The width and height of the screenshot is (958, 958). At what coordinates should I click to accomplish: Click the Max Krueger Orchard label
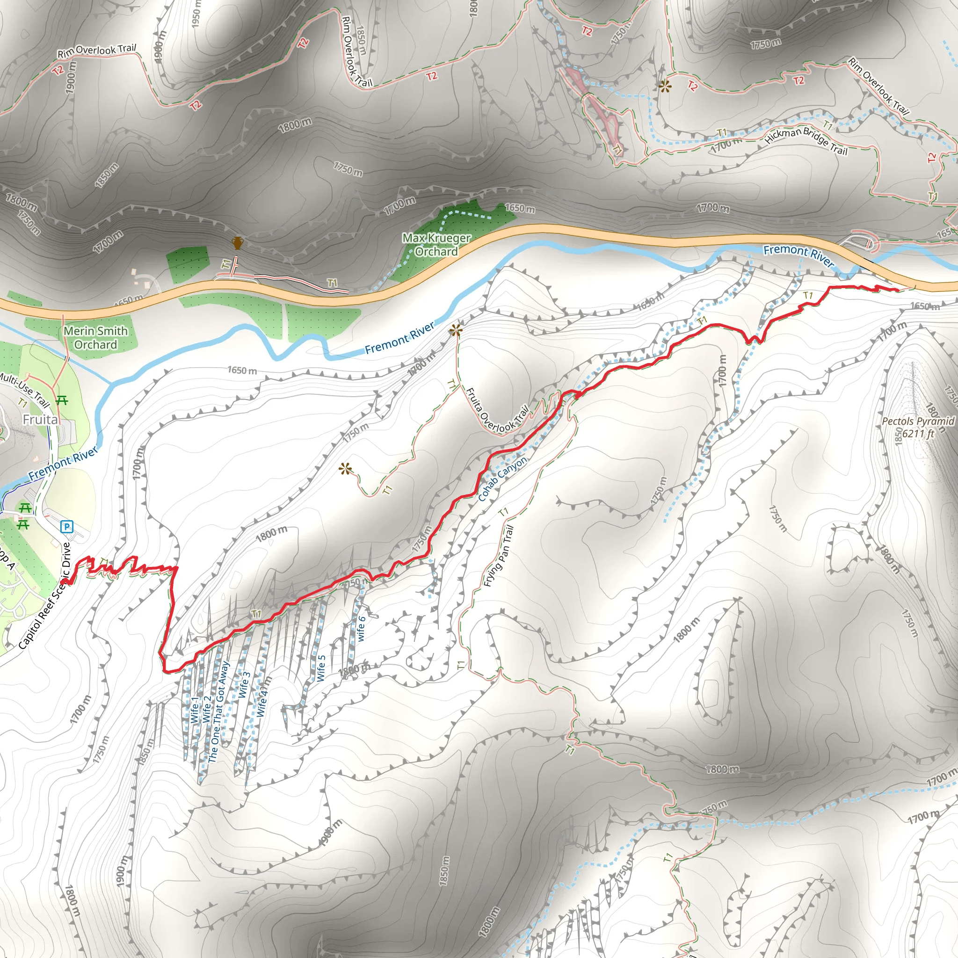(436, 245)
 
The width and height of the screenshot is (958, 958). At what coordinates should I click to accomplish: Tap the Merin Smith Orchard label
(95, 338)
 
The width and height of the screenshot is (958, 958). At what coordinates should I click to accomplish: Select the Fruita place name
(40, 420)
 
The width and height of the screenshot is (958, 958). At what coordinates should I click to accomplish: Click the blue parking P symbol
(66, 526)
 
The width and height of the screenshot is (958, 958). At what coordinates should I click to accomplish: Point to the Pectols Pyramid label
(918, 421)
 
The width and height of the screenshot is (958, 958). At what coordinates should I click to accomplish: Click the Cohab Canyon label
(502, 479)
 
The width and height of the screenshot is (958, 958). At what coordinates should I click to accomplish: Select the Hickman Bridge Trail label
(806, 141)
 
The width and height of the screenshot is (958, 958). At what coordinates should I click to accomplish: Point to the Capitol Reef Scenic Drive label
(44, 596)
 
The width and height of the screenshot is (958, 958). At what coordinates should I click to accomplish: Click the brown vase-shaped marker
(238, 243)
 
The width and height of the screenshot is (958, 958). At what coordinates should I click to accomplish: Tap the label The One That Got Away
(219, 712)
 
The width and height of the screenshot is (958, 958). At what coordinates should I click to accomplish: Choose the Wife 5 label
(321, 668)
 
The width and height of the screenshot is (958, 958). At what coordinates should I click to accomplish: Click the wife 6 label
(362, 629)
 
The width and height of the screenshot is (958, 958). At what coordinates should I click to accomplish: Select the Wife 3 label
(243, 685)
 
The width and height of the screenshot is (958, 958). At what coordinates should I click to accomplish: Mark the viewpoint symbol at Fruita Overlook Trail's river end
(456, 331)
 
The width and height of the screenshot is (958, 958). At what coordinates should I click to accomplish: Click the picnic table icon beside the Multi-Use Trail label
(62, 399)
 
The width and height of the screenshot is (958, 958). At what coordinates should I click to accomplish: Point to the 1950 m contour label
(196, 13)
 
